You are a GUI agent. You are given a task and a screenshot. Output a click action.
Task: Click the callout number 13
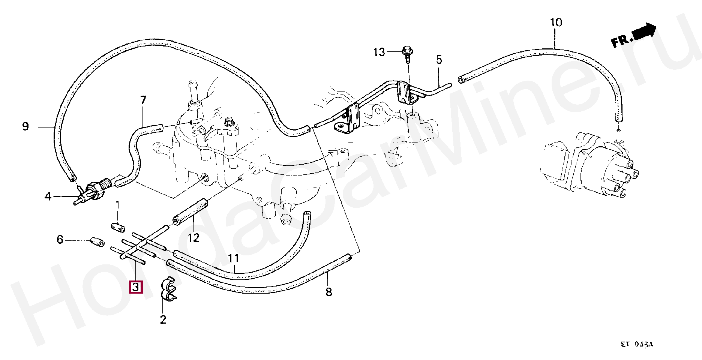(379, 52)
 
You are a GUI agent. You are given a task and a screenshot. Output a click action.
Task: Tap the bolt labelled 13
(407, 52)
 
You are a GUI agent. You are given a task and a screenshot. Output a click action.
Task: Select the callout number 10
(556, 22)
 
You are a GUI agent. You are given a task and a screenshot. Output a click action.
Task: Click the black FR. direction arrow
(644, 31)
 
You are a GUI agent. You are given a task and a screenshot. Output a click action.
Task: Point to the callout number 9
(25, 126)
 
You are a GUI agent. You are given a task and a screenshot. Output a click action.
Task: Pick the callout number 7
(143, 100)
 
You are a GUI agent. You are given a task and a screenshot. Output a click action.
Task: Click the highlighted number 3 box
(135, 287)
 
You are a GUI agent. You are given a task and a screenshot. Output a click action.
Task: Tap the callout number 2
(163, 320)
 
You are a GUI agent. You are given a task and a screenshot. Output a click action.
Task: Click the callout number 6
(60, 239)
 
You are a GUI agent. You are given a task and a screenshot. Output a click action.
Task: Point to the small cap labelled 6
(97, 242)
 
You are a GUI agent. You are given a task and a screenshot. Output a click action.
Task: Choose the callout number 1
(117, 205)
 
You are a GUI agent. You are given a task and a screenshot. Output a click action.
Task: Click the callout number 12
(193, 237)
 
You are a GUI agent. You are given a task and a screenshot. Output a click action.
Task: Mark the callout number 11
(233, 258)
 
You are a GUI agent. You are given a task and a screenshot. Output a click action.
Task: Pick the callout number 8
(329, 292)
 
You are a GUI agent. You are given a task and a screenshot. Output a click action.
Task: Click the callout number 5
(439, 60)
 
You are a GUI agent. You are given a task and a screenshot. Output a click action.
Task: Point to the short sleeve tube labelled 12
(190, 212)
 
